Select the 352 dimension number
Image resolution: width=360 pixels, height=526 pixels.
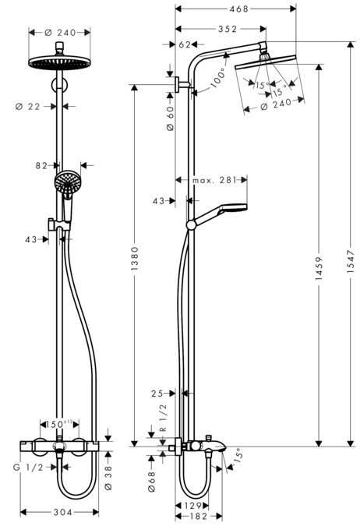click(x=227, y=29)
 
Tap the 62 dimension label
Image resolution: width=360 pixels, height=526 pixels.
click(x=185, y=45)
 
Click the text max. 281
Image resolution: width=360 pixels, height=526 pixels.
click(x=215, y=181)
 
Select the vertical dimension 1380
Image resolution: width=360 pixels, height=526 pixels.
click(x=134, y=256)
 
